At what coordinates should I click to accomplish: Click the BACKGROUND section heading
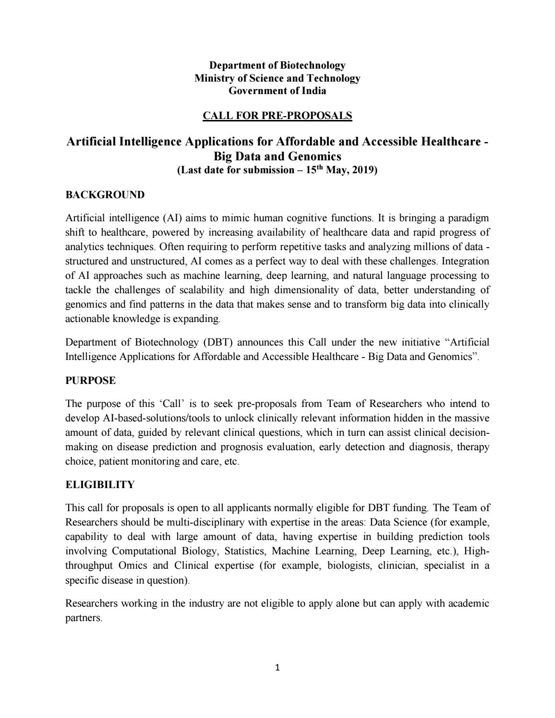(x=105, y=195)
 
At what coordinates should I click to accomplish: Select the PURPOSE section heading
(x=90, y=381)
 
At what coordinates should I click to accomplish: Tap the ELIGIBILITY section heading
(x=100, y=485)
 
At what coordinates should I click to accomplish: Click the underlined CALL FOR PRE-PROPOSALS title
(x=277, y=116)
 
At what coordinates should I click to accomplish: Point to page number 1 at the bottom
(x=277, y=668)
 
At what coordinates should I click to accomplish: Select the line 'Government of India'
(x=277, y=91)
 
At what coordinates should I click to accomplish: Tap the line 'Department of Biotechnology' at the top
(x=277, y=65)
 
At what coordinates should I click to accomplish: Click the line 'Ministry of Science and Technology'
(x=277, y=78)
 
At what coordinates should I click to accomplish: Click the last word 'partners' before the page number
(x=83, y=618)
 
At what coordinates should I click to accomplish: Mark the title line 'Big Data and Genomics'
(x=277, y=156)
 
